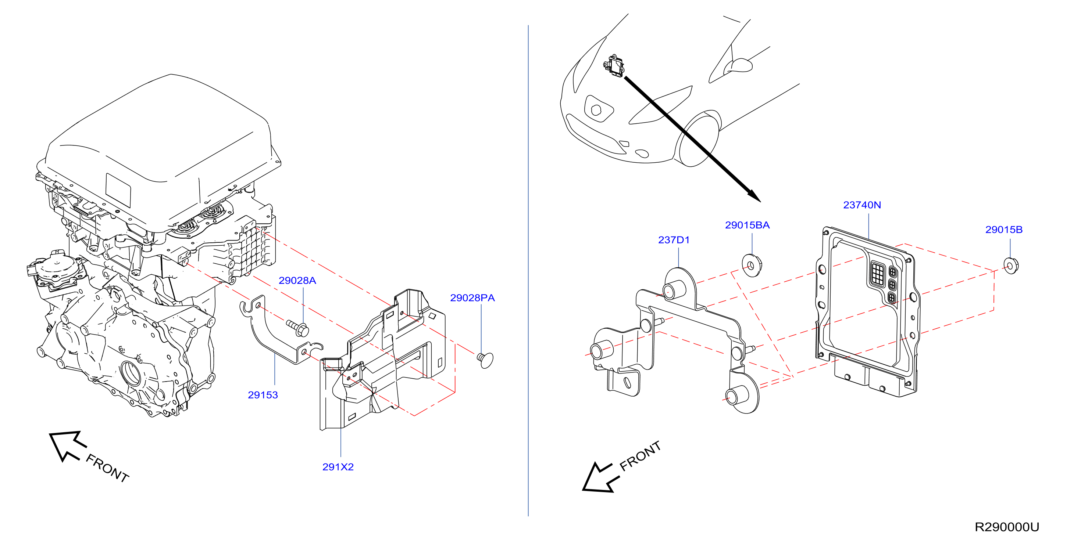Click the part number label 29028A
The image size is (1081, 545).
(297, 281)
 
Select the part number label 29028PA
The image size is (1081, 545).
(472, 297)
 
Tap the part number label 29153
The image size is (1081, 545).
(263, 395)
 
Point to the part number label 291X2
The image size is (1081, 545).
(338, 467)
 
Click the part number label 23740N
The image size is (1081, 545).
(862, 205)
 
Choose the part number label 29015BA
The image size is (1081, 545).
(748, 225)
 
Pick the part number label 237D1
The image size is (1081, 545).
(674, 240)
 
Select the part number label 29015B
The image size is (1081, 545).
(1004, 230)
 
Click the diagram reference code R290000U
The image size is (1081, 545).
(1007, 527)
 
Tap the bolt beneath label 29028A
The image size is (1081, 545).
(298, 328)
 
